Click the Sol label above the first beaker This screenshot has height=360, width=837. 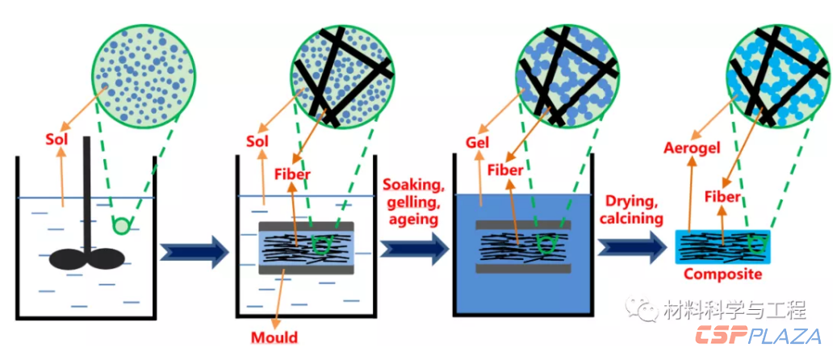coord(56,139)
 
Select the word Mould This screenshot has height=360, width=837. coord(274,337)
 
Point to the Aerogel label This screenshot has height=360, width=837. coord(687,149)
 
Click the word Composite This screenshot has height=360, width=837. coord(722,274)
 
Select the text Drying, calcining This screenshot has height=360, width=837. coord(630,208)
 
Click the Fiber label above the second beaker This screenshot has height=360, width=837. coord(292,174)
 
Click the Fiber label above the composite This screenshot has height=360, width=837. coord(722,195)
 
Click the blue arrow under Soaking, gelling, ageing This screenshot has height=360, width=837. coord(412,249)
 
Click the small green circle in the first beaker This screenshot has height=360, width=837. coord(121,226)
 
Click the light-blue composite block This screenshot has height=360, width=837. coord(722,245)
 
